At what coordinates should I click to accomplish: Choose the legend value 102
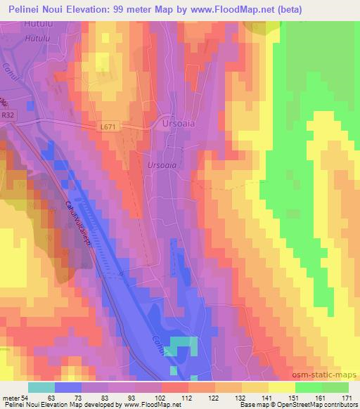(x=161, y=397)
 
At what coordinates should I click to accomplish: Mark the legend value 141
(x=266, y=397)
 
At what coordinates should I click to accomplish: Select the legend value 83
(x=108, y=397)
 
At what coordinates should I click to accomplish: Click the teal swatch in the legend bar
(x=41, y=387)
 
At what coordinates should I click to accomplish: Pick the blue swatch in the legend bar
(x=67, y=387)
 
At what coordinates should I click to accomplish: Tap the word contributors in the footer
(x=341, y=405)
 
